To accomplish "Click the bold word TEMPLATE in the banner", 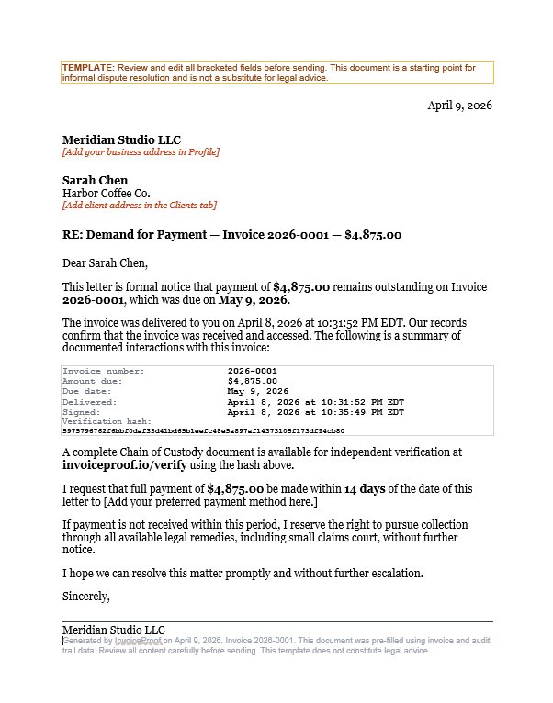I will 88,68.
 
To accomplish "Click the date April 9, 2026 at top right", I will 459,106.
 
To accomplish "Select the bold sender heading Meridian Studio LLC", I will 122,139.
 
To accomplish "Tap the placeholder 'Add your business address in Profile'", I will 141,152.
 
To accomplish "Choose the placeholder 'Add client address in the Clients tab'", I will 140,206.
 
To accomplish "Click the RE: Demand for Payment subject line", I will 231,235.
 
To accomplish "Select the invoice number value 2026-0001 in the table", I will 252,371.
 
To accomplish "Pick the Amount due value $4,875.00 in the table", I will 252,381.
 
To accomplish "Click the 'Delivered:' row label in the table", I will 89,402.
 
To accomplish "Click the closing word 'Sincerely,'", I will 86,597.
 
